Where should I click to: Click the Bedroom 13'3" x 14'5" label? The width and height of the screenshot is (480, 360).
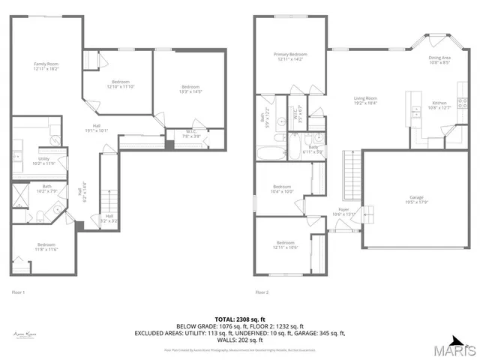(190, 89)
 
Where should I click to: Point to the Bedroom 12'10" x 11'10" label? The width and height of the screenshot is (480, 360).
(121, 83)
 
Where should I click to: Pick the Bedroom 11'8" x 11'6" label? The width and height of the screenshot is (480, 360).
(46, 247)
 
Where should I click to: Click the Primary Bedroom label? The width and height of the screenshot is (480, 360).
(289, 56)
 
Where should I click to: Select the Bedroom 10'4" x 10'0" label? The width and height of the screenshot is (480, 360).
(282, 188)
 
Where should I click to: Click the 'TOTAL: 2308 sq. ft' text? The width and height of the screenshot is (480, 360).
(239, 319)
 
